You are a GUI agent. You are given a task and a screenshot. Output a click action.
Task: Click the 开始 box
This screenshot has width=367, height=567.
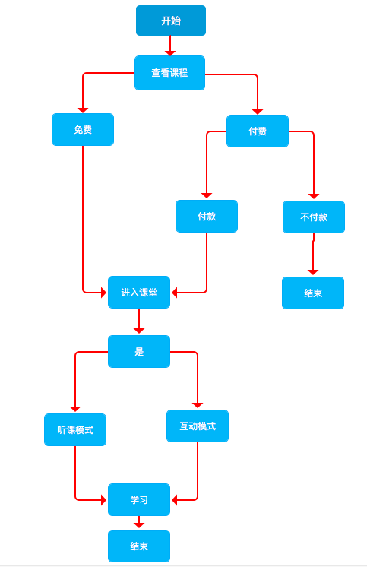click(x=170, y=21)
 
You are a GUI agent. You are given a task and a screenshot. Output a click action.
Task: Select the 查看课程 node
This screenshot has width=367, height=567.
click(x=169, y=73)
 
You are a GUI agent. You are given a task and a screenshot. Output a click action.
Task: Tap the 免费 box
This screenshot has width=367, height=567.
click(x=83, y=129)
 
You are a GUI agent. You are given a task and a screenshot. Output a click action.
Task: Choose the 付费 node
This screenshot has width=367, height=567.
click(x=258, y=131)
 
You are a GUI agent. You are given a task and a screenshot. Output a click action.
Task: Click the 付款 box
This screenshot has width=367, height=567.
click(x=207, y=216)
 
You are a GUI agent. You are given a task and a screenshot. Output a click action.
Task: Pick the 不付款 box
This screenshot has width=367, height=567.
click(x=314, y=217)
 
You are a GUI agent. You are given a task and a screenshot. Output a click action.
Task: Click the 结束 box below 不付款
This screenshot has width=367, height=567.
click(x=313, y=293)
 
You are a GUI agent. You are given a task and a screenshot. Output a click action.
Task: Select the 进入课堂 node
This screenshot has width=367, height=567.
click(x=139, y=292)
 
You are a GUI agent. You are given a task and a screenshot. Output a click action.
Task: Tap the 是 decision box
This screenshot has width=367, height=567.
click(x=139, y=351)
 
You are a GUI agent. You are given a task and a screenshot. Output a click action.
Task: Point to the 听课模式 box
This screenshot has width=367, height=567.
click(x=75, y=429)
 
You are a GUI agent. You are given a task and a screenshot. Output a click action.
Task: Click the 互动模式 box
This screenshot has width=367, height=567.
click(x=198, y=426)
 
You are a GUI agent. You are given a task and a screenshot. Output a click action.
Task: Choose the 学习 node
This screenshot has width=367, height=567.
click(x=139, y=499)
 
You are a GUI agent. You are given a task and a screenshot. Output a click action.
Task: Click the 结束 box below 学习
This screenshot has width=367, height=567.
click(x=139, y=546)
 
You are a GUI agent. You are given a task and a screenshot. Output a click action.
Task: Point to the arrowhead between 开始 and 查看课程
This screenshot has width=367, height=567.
click(x=170, y=53)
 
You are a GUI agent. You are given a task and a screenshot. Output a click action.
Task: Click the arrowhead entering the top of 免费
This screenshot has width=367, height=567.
click(x=83, y=110)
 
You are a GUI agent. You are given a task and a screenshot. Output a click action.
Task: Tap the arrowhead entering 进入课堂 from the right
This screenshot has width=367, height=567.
click(x=175, y=292)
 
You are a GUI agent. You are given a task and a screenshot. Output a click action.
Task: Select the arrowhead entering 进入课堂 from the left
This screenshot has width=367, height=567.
click(x=103, y=292)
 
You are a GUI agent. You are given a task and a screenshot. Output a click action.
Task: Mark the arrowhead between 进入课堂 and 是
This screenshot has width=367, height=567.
click(x=139, y=331)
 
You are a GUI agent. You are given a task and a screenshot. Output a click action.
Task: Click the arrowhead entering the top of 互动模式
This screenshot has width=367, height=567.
click(x=198, y=405)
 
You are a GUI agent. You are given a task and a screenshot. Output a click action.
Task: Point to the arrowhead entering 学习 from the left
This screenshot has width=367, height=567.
click(x=103, y=499)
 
